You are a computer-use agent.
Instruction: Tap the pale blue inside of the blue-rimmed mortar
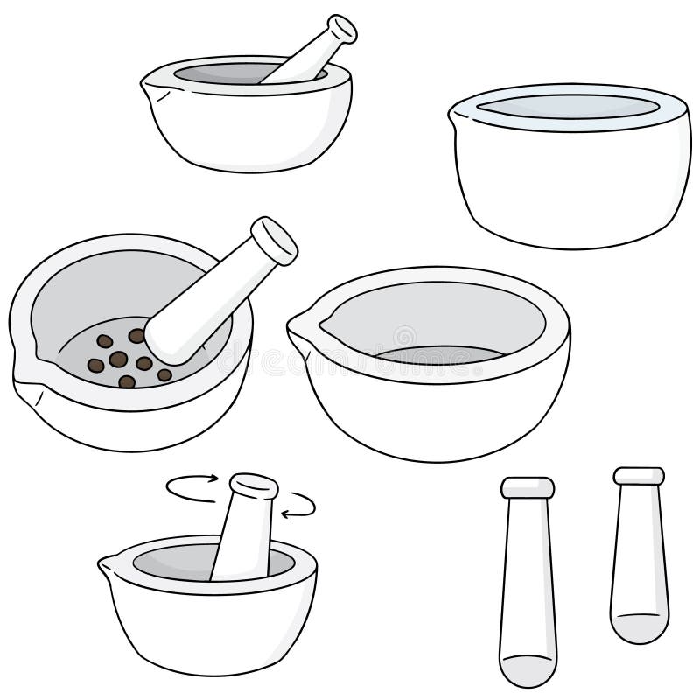click(568, 106)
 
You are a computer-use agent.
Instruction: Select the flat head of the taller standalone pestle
click(528, 487)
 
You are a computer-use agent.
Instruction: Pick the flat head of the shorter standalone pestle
click(639, 476)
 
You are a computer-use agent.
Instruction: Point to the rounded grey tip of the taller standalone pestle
click(527, 668)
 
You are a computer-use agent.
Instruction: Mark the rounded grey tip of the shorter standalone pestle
click(639, 627)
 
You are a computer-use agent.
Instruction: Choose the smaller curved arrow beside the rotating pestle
click(301, 505)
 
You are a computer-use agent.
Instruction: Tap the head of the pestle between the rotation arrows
click(254, 486)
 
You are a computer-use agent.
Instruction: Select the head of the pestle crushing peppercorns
click(275, 240)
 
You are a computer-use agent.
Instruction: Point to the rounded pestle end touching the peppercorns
click(166, 341)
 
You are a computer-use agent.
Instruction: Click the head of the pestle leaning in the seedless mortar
click(340, 30)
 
